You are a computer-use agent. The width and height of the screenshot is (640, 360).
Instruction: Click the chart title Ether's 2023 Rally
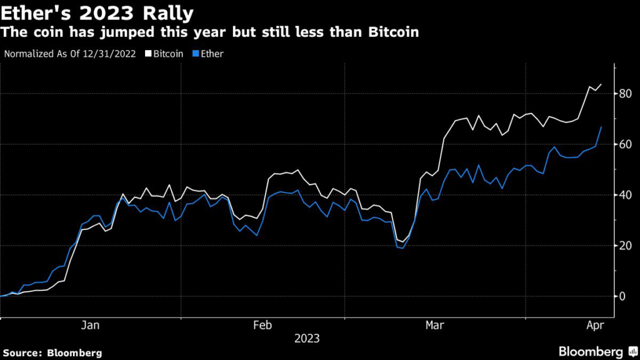[97, 12]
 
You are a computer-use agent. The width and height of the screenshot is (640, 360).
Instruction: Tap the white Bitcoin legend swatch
[148, 54]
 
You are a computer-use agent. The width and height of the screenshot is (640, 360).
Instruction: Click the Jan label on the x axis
[91, 326]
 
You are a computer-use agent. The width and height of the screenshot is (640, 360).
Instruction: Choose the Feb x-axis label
[262, 326]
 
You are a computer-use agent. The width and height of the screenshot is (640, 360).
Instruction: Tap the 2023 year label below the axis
[306, 339]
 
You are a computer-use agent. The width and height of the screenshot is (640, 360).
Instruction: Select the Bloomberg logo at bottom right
[597, 351]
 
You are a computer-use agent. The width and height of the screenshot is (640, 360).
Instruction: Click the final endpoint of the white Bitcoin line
[601, 84]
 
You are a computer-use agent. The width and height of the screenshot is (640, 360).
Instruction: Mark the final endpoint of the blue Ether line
[601, 127]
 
